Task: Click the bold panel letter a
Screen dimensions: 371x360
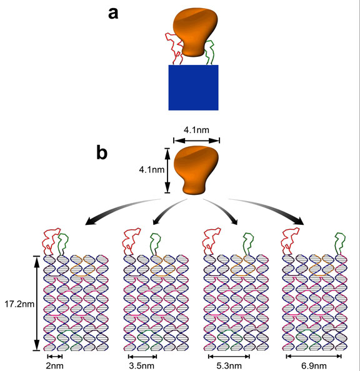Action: (x=114, y=13)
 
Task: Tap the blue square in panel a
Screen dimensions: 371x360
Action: (x=193, y=87)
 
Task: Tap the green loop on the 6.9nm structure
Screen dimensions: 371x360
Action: (x=341, y=242)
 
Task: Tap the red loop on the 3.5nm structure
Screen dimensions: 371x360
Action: (x=132, y=240)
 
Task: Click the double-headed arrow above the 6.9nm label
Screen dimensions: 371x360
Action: (x=314, y=356)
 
